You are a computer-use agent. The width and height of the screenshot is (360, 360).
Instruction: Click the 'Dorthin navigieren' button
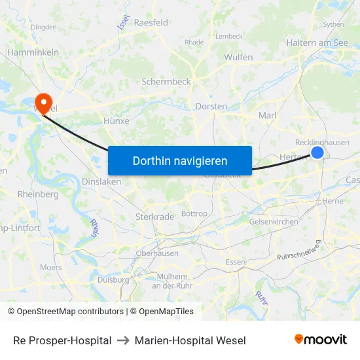coord(179,160)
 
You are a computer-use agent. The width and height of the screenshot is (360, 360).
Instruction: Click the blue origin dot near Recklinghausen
coord(317,152)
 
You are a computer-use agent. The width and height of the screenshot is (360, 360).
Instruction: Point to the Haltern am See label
coord(317,43)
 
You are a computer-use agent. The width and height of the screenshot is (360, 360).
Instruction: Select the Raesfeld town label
coord(151,22)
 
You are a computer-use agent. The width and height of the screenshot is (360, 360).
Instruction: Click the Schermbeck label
coord(166,82)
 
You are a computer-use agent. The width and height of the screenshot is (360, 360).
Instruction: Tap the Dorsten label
coord(211,106)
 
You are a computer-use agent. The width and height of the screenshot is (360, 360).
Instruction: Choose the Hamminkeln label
coord(33,52)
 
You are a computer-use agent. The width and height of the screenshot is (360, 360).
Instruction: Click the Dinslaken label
coord(102,182)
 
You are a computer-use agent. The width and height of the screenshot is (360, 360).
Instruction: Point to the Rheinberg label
coord(38,194)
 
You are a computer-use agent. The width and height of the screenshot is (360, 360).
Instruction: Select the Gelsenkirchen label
coord(274,222)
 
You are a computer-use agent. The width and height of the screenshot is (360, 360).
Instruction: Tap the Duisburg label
coord(113,279)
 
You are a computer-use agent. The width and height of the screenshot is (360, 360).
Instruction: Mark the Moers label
coord(50,267)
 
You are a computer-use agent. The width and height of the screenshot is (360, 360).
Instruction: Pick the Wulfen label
coord(238,58)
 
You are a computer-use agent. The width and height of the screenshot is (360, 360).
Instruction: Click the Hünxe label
coord(117,121)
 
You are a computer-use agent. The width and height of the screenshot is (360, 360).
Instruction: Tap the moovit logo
coord(320,339)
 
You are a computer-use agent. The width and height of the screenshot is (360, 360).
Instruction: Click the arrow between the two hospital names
coord(123,340)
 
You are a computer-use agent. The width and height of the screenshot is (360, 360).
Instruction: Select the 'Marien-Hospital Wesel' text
coord(190,340)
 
